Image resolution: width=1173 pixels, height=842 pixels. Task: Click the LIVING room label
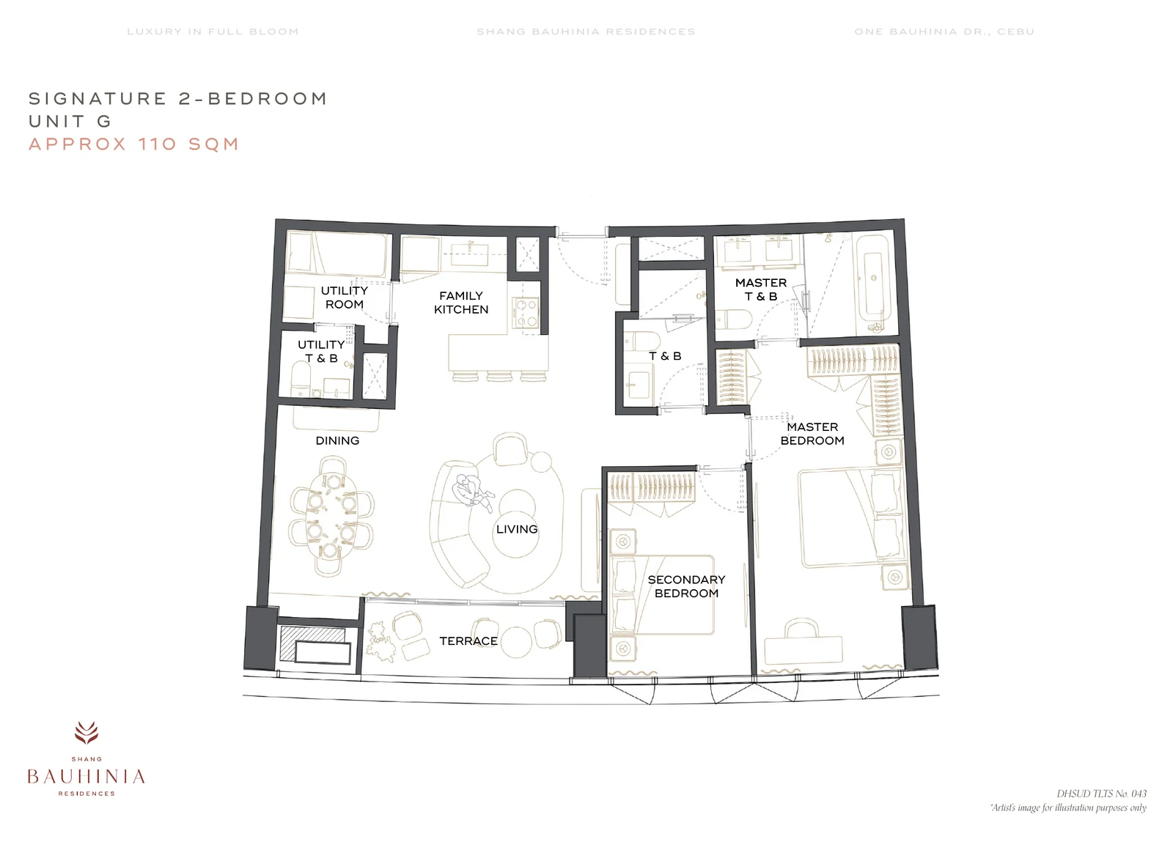tap(517, 529)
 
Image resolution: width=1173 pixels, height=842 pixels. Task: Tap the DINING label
tap(337, 440)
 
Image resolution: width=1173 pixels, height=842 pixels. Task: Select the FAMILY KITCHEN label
tap(461, 303)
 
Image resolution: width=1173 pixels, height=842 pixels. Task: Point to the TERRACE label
tap(468, 641)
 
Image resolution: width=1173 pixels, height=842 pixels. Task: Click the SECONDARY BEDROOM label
tap(686, 586)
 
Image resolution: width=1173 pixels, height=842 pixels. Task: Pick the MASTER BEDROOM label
tap(812, 434)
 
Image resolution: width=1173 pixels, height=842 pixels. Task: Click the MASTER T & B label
tap(761, 289)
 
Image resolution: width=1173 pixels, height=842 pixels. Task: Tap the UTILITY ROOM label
tap(344, 298)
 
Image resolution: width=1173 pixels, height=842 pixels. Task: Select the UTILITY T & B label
tap(321, 351)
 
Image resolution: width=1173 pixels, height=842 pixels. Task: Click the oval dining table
tap(331, 515)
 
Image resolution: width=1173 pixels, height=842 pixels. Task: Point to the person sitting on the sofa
tap(472, 492)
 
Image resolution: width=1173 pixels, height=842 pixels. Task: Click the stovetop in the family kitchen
tap(525, 312)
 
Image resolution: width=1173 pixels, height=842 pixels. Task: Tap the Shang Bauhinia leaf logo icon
tap(86, 732)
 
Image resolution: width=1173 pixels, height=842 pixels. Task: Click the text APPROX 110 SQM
tap(134, 144)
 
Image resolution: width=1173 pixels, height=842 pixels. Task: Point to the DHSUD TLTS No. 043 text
tap(1101, 794)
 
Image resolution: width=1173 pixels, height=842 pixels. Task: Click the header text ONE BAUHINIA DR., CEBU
tap(944, 32)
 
